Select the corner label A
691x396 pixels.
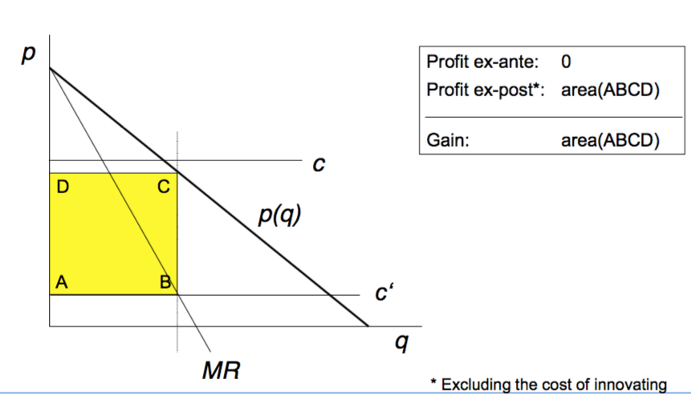coord(62,282)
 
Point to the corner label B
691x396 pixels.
coord(165,282)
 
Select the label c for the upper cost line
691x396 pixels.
coord(319,165)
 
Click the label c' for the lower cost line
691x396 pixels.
coord(384,294)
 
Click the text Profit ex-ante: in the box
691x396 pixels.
coord(482,63)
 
